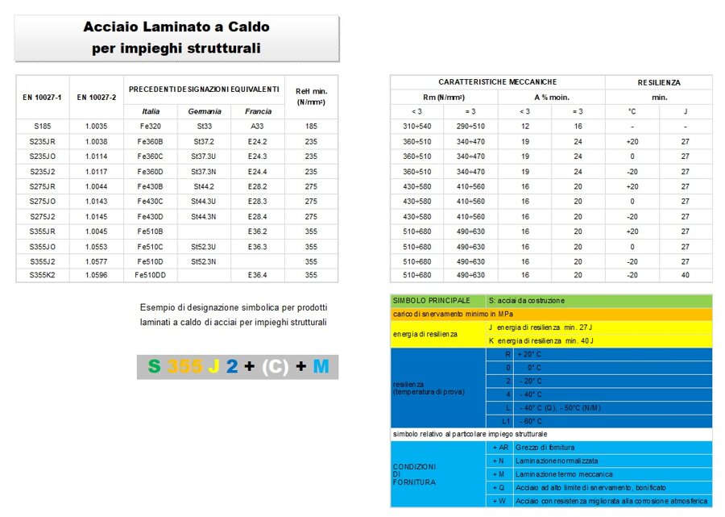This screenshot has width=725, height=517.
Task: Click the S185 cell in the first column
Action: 42,127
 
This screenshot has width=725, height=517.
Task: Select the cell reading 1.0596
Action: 97,275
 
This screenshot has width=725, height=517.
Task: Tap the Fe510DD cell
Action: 151,275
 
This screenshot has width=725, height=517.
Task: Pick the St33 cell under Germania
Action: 204,127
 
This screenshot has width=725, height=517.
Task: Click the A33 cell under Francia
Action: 258,127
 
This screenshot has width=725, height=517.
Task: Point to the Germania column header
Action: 204,111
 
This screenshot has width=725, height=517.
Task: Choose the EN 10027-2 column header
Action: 97,97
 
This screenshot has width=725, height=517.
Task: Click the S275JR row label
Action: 42,186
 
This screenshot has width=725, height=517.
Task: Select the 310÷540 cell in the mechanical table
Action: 416,127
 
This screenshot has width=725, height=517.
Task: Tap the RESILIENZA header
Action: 658,82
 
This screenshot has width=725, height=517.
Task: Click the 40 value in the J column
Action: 686,275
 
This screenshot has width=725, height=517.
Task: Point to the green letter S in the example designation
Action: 154,367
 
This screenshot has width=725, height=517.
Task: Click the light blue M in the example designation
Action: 321,367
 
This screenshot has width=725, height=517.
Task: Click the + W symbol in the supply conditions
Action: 500,501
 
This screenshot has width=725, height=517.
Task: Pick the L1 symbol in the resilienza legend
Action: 506,421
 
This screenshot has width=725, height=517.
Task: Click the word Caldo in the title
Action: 242,27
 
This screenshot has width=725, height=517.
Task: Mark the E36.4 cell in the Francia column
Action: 258,275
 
